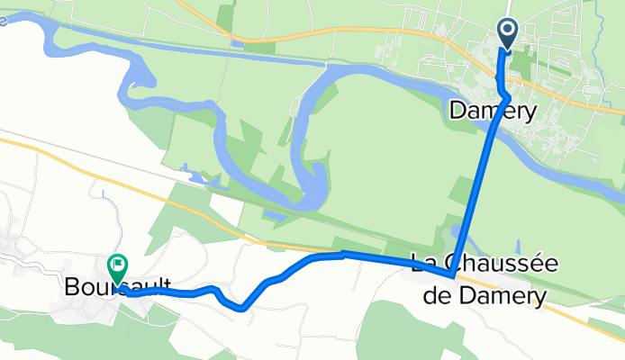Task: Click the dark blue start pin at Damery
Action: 507,35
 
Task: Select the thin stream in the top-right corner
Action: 599,11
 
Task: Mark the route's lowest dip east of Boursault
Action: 242,308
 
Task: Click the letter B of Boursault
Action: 73,289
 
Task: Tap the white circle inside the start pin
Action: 507,31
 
